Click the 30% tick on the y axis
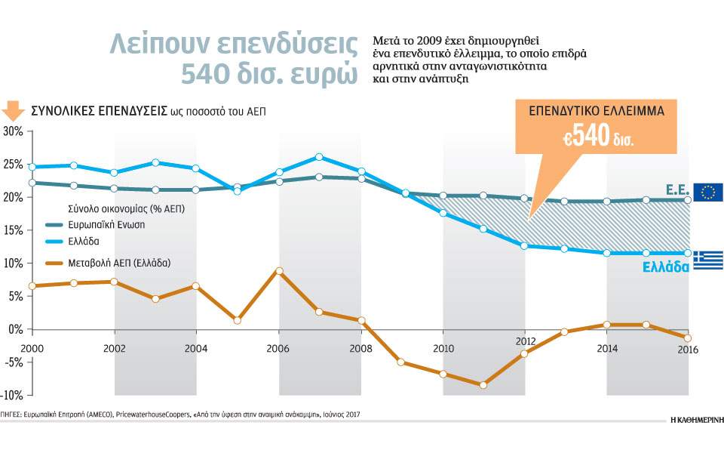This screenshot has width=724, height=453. click(x=14, y=131)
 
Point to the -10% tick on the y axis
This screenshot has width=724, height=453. click(x=14, y=395)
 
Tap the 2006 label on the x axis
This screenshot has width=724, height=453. click(x=278, y=349)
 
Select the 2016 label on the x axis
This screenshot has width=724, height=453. click(x=688, y=349)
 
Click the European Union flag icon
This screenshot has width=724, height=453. click(x=708, y=192)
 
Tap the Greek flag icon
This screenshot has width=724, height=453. click(x=708, y=260)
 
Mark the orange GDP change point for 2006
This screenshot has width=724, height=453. click(x=279, y=270)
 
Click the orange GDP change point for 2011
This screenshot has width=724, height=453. click(x=483, y=385)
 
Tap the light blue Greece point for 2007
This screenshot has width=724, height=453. click(x=320, y=157)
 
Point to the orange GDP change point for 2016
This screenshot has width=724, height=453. click(x=688, y=337)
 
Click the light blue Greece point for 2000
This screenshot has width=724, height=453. click(x=32, y=167)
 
